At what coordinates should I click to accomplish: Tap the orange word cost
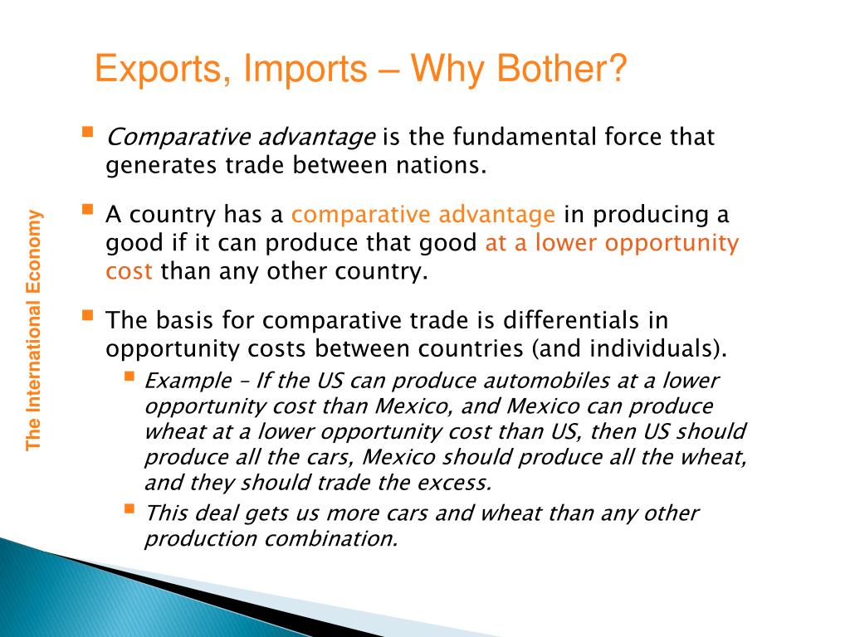129,271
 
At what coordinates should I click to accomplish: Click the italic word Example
188,381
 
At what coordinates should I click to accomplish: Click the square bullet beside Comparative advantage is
88,132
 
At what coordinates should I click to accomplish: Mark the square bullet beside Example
129,377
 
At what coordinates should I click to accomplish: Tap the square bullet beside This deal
129,508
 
